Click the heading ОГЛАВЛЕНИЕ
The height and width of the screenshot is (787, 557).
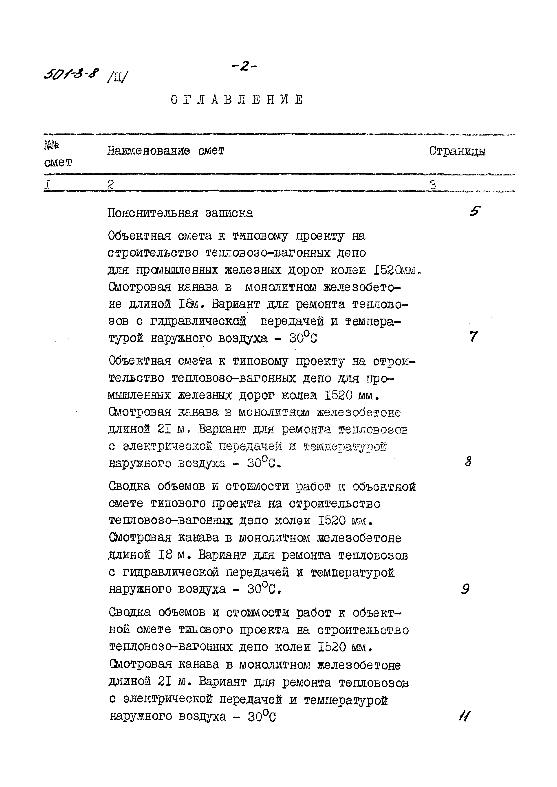coord(237,100)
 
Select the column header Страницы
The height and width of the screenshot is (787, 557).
coord(457,151)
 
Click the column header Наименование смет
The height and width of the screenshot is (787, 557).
coord(166,151)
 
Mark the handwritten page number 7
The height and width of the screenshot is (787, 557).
coord(473,337)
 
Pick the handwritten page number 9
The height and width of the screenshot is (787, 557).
coord(465,589)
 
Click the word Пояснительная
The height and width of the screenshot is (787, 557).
coord(153,213)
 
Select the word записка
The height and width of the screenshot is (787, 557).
coord(229,213)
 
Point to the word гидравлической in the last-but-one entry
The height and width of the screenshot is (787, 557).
coord(171,572)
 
